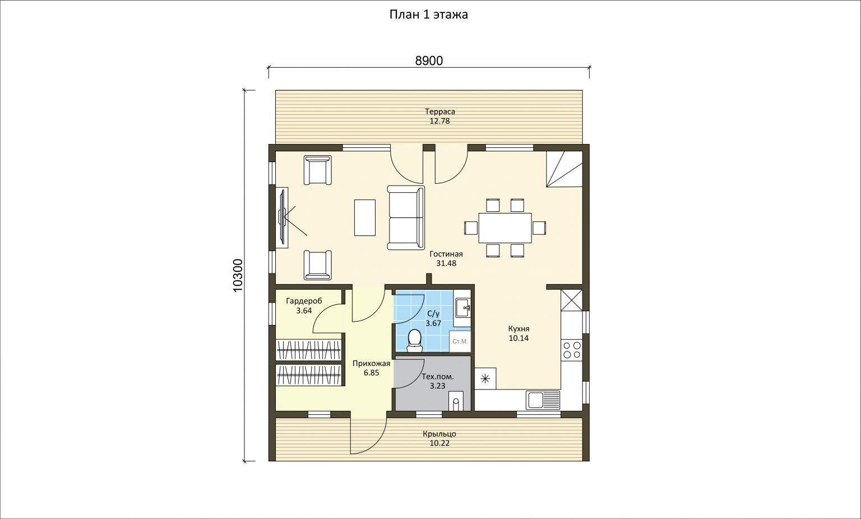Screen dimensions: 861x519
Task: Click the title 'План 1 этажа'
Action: tap(429, 15)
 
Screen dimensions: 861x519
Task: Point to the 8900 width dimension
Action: tap(429, 61)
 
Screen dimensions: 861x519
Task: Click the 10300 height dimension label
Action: tap(238, 275)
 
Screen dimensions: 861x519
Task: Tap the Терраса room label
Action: tap(439, 112)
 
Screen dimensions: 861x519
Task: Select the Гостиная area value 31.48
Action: tap(446, 263)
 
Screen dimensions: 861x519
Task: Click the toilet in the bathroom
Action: tap(414, 341)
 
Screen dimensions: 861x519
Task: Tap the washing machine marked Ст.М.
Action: tap(460, 341)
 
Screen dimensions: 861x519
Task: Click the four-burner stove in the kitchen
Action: tap(572, 350)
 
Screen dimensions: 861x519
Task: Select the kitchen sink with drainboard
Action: tap(543, 400)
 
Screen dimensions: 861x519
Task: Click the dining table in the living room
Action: tap(505, 228)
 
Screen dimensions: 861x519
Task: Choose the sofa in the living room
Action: tap(406, 217)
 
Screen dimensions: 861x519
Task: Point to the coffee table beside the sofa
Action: tap(365, 217)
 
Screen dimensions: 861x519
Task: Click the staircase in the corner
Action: tap(564, 169)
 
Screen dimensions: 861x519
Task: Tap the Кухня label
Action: tap(519, 328)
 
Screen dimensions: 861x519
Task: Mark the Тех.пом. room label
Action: tap(438, 377)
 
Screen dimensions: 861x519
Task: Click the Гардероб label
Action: tap(304, 301)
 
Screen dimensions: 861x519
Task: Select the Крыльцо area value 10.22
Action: tap(439, 443)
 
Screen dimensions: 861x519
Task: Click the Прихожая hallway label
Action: tap(371, 364)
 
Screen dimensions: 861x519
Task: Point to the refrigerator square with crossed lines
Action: tap(572, 300)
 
